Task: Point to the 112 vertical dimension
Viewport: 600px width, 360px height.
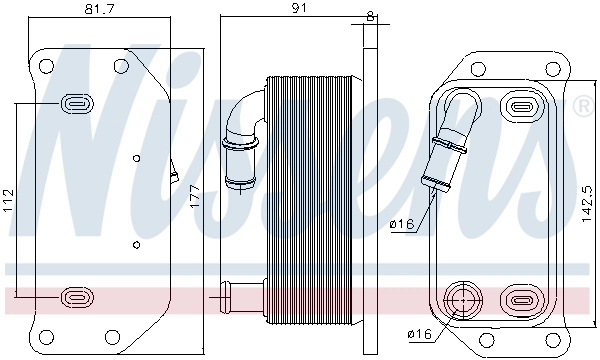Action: click(x=9, y=198)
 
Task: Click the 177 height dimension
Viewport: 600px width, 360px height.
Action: click(x=196, y=198)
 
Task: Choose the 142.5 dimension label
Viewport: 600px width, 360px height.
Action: click(x=584, y=200)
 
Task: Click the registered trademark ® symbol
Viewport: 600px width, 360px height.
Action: click(x=581, y=104)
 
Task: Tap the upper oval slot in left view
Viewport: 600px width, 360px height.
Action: click(x=77, y=102)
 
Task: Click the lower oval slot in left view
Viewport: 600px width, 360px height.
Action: click(x=77, y=296)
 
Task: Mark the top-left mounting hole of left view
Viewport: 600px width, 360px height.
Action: click(x=45, y=67)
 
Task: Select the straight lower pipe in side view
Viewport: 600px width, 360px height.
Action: click(x=235, y=295)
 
